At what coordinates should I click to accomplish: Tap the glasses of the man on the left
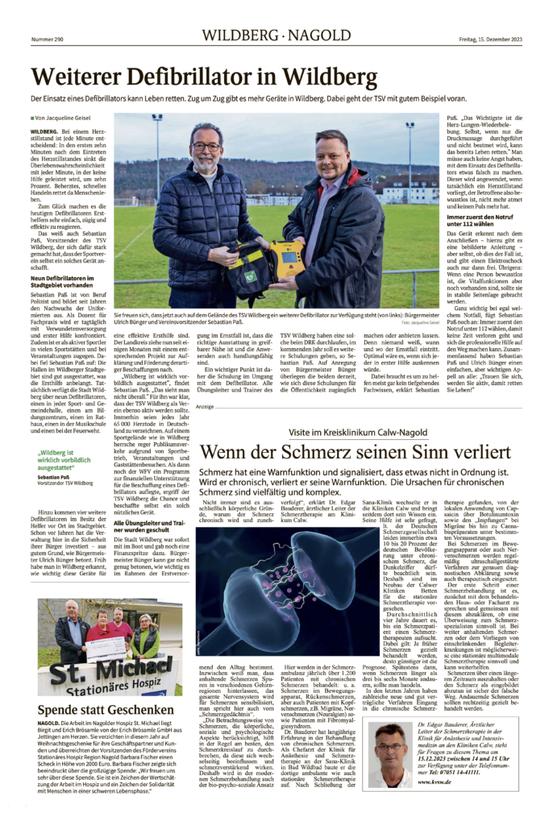click(207, 147)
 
